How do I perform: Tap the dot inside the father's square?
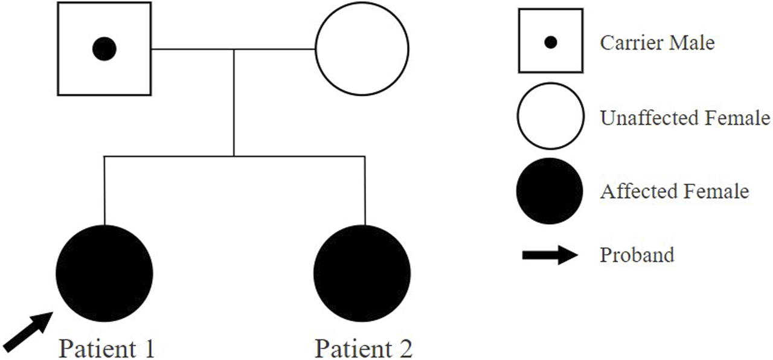[x=104, y=48]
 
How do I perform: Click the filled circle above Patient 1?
[x=104, y=272]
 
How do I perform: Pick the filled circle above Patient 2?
[x=363, y=272]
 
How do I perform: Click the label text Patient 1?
[x=106, y=349]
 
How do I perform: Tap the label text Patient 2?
[x=364, y=349]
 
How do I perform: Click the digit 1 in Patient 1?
[x=147, y=349]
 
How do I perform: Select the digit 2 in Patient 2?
[x=405, y=349]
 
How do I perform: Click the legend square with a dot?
[x=550, y=42]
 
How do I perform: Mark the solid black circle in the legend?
[x=550, y=191]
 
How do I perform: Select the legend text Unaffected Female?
[x=685, y=118]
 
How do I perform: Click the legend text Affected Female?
[x=674, y=191]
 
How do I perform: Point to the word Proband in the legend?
[x=637, y=255]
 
